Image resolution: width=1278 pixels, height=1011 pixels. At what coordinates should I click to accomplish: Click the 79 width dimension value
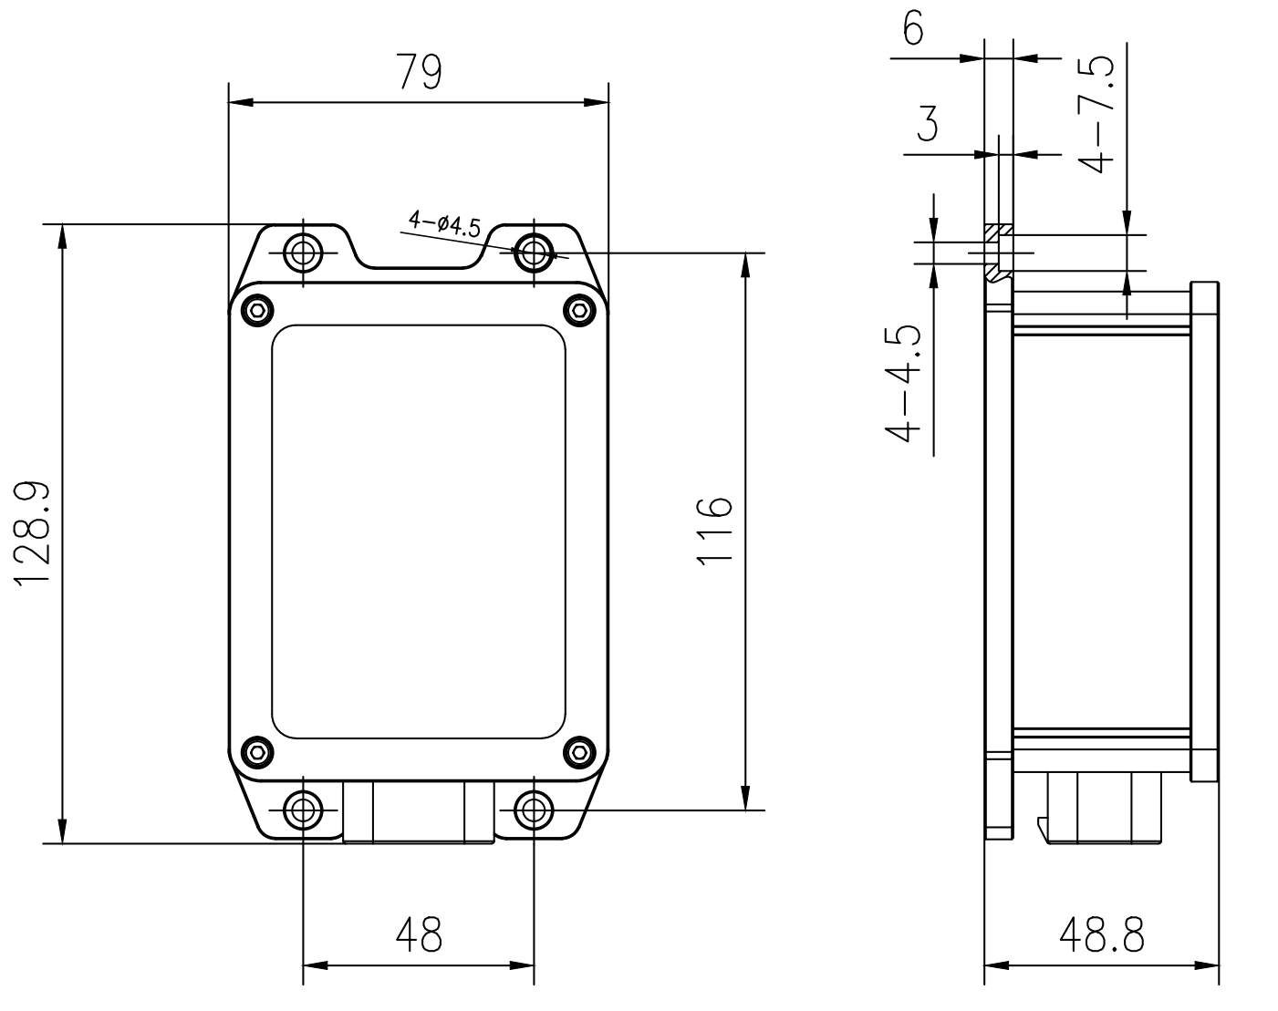point(419,72)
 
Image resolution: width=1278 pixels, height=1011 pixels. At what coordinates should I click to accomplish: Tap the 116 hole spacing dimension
point(714,531)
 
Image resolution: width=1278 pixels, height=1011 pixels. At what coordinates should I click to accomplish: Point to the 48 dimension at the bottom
point(419,934)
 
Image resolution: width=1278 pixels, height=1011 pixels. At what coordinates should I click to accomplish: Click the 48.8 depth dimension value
point(1101,934)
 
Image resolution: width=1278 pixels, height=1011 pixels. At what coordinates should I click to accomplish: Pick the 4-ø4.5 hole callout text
point(444,223)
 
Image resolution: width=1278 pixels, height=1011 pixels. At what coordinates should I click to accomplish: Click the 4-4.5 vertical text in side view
point(904,383)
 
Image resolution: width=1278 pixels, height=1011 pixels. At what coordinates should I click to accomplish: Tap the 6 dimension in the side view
point(912,29)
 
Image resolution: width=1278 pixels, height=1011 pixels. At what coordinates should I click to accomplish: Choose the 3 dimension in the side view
point(928,124)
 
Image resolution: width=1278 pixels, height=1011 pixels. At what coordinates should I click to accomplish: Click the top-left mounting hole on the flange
point(303,253)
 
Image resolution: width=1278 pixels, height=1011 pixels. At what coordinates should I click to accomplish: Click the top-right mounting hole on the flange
point(534,253)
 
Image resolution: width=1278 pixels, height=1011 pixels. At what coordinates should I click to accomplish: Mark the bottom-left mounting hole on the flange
point(303,809)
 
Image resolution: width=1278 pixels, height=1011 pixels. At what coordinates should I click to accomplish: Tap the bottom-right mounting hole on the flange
point(534,809)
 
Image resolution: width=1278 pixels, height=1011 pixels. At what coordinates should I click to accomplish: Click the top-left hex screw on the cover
point(258,310)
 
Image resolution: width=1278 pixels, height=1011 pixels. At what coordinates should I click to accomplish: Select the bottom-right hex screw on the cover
point(578,752)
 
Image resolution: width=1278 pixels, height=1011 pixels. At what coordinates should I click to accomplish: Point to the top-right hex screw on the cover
point(578,310)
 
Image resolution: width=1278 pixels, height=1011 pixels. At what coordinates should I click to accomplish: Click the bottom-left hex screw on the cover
point(258,752)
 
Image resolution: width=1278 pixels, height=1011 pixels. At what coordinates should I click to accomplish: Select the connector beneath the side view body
point(1101,808)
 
